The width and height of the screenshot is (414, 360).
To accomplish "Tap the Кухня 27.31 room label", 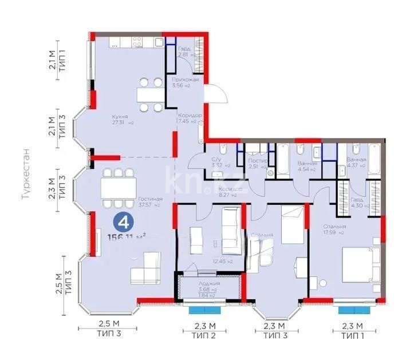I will [120, 119].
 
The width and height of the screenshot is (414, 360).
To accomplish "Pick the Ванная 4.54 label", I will [306, 167].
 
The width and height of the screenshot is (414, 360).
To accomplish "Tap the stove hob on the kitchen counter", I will [137, 41].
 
